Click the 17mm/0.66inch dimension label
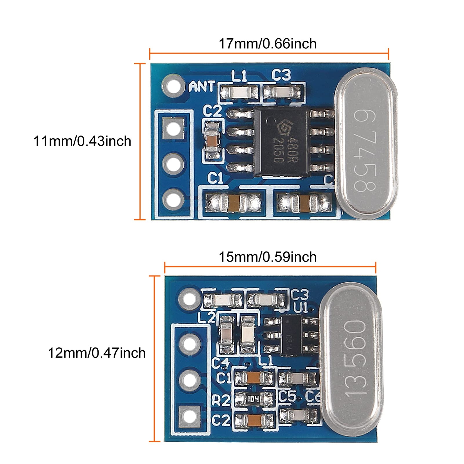(x=267, y=44)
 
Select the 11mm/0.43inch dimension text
(x=82, y=141)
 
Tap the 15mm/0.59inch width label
(x=267, y=257)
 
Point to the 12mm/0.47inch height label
(x=97, y=353)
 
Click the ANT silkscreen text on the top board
(x=202, y=86)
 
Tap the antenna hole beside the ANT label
(x=173, y=86)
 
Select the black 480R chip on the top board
(x=281, y=142)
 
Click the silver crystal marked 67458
(x=366, y=144)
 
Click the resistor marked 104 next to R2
(x=253, y=399)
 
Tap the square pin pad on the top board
(x=173, y=128)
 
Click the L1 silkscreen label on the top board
(x=239, y=76)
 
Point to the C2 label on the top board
(x=212, y=111)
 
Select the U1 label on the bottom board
(x=300, y=308)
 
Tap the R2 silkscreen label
(x=221, y=400)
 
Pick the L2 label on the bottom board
(x=206, y=318)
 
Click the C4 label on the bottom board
(x=220, y=363)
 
